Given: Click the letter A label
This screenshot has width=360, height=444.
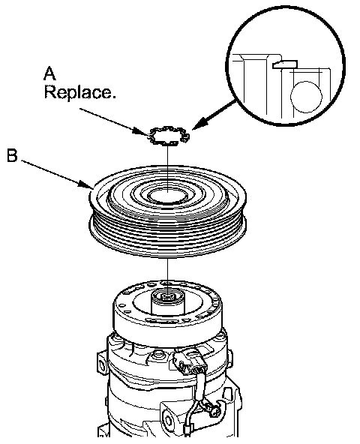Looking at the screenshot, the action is coord(49,73).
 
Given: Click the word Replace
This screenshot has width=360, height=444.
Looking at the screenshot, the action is coord(80,92).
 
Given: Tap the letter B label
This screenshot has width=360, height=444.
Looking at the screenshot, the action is coord(12,156).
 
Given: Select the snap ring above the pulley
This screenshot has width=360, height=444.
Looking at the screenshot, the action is coord(169,136).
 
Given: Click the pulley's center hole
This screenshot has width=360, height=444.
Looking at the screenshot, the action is coord(168,196).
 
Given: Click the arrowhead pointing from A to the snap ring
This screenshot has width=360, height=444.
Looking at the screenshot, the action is coord(144,130).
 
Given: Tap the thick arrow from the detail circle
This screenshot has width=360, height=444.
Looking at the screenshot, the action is coord(214,115).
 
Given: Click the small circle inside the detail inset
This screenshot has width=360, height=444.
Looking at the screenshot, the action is coord(306,97).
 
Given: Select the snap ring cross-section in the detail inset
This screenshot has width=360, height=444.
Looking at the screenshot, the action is coord(285,64).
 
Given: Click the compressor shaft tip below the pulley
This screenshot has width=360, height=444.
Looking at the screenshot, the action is coord(168,297).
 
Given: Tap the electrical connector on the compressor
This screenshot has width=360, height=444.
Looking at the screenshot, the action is coord(189,362).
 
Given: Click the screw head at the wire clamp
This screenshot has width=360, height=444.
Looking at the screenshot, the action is coord(216,409).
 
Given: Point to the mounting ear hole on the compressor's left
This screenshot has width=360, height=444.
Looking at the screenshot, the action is coord(100,363).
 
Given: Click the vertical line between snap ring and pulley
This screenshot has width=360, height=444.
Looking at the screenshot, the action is coord(168,167).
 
